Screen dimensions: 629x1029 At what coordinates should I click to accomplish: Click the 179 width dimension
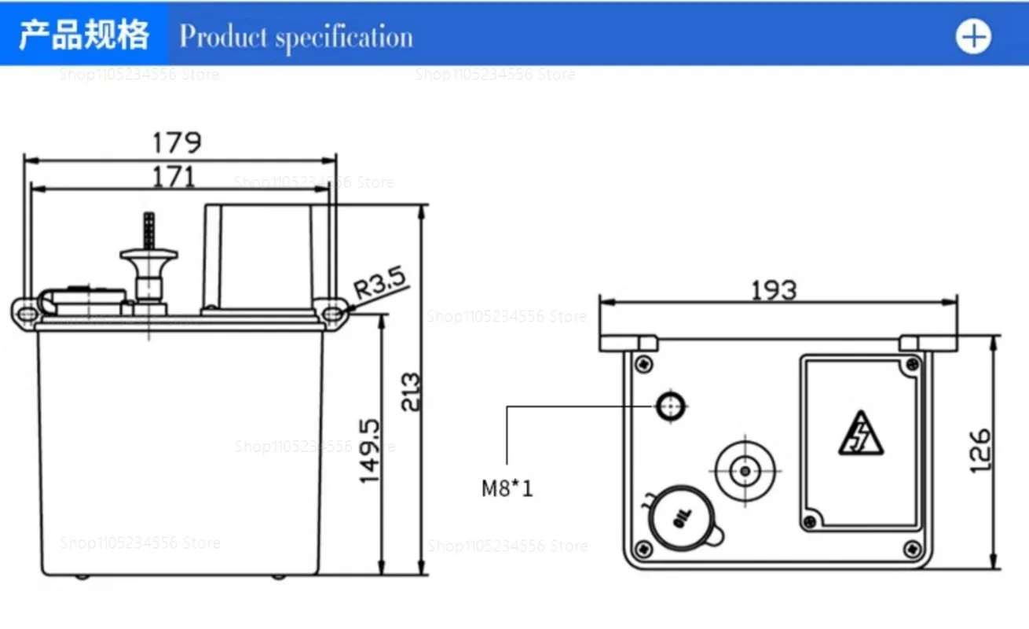coord(177,142)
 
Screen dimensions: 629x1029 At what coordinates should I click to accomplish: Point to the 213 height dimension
coord(410,392)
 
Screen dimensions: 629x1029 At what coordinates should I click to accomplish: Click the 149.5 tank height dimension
coord(370,451)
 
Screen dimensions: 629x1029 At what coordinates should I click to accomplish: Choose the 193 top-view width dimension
coord(774,290)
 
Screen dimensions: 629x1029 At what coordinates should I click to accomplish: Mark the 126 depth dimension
coord(980,450)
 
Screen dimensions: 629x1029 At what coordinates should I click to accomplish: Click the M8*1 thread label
coord(507,489)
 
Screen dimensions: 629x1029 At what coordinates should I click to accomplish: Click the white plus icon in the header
coord(973,36)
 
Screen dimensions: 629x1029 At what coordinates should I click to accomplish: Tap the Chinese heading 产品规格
coord(84,36)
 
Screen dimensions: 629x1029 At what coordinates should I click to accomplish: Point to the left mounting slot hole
coord(27,313)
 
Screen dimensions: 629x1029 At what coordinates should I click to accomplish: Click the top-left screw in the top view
coord(644,363)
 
